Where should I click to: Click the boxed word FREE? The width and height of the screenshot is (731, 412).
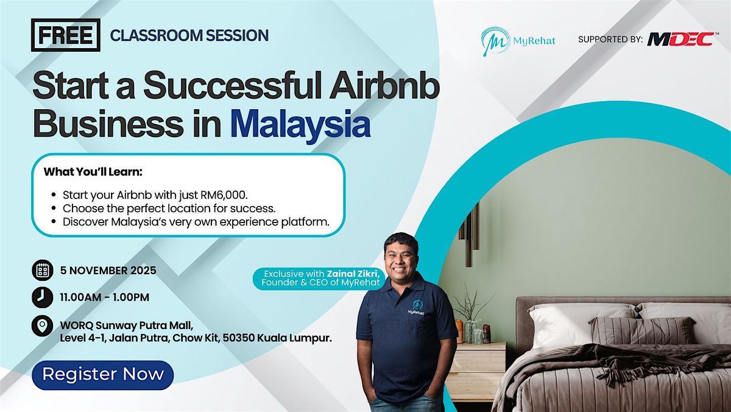pos(66,35)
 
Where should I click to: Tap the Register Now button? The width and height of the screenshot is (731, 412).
pos(103,375)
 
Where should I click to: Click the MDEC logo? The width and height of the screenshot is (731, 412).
pos(681,39)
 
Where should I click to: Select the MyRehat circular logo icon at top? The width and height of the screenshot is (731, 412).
pos(495,41)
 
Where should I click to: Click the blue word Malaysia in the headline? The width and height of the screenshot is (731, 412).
pos(300,124)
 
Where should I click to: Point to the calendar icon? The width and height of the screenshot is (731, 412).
pos(43,271)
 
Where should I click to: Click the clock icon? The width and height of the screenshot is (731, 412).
pos(43,297)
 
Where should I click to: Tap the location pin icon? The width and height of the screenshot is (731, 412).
pos(43,326)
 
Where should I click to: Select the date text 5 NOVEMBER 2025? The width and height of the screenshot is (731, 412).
pos(108,271)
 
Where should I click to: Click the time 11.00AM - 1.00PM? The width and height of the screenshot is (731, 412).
pos(104,297)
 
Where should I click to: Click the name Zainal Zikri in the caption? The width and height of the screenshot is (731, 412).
pos(354,274)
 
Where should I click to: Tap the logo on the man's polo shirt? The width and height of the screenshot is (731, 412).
pos(417,308)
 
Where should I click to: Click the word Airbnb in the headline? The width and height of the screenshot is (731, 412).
pos(384,86)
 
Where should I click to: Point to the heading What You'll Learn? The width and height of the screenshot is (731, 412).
pos(93,172)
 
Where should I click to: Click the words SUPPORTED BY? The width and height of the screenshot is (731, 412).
pos(610,40)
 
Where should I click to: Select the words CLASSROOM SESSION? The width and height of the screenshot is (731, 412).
pos(189,35)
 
